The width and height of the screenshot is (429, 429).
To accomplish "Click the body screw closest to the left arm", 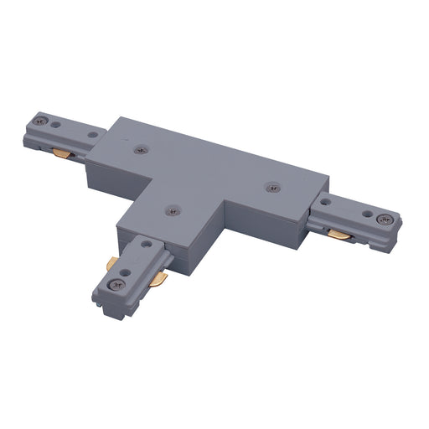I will [139, 150].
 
